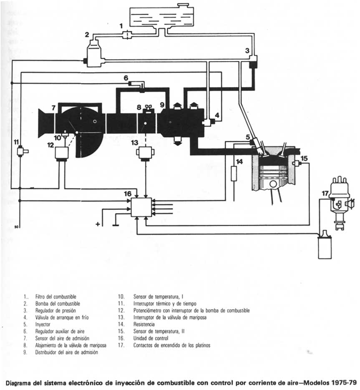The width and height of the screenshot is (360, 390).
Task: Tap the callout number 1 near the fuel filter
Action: click(121, 26)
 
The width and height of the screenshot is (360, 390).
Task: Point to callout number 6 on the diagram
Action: click(125, 78)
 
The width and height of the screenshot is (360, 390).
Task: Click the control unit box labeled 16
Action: click(141, 207)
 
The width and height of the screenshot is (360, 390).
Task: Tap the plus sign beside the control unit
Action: click(98, 224)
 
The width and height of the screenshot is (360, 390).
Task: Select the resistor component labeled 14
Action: click(234, 173)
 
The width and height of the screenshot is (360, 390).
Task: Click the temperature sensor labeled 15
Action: click(297, 163)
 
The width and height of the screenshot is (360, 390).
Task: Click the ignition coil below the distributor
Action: click(325, 249)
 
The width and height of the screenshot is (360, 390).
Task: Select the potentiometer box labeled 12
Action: click(62, 153)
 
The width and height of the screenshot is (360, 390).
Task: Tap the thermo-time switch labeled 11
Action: click(20, 151)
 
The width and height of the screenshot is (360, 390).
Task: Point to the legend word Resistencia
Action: click(144, 324)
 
